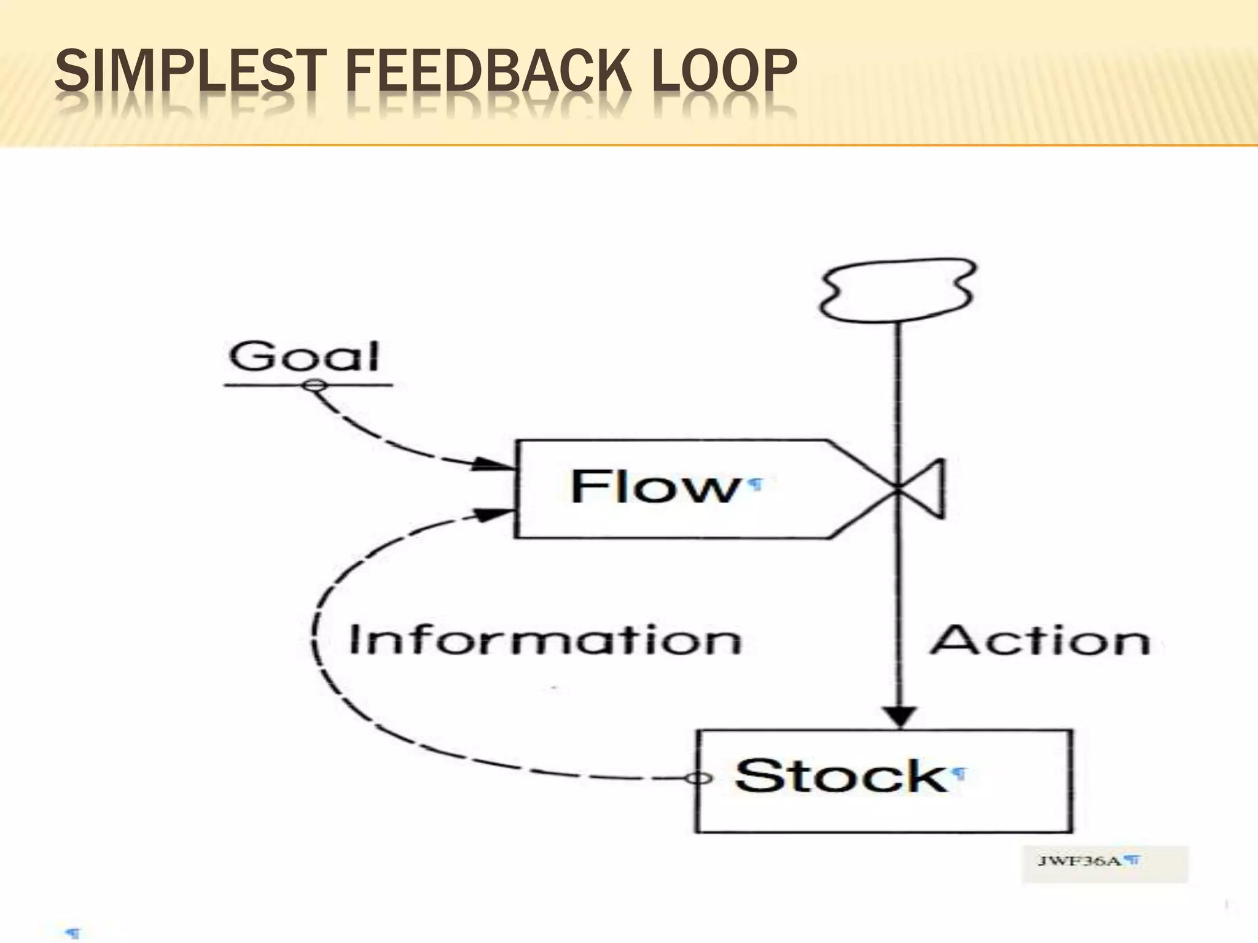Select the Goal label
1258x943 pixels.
pos(305,357)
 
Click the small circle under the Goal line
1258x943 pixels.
pos(314,386)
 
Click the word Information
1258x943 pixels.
pos(545,640)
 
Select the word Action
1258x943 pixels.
pos(1040,640)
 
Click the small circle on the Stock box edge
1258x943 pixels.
pos(698,778)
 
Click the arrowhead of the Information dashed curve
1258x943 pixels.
pos(493,514)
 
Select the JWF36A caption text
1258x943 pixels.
pos(1079,861)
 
